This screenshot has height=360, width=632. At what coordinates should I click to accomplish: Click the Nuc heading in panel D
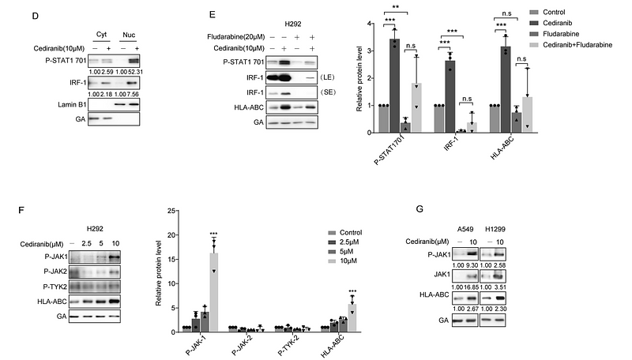pyautogui.click(x=128, y=35)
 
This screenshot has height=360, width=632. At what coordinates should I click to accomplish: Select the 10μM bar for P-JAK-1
pyautogui.click(x=212, y=291)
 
